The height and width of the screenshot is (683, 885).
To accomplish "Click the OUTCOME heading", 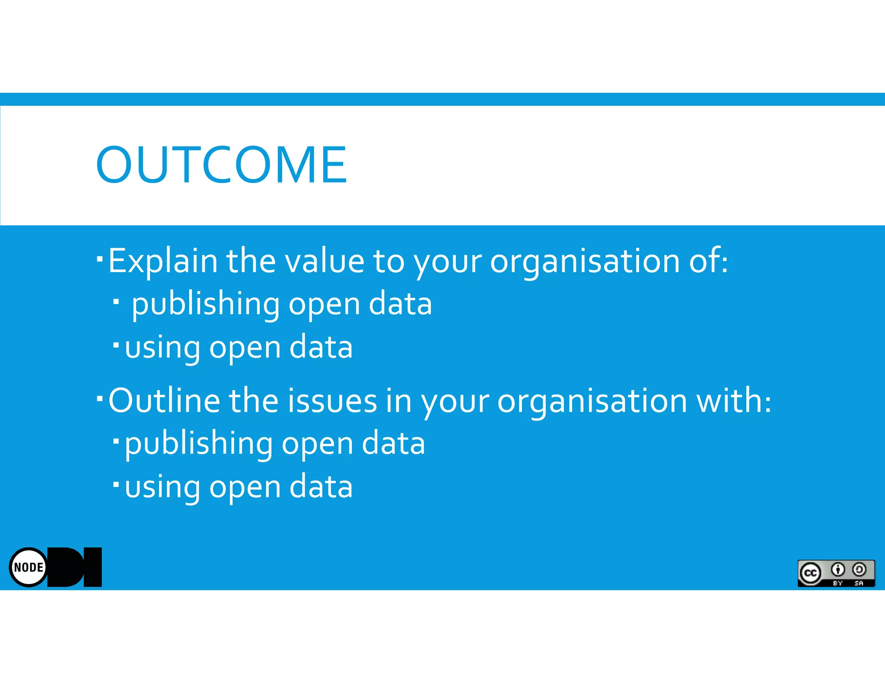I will coord(221,164).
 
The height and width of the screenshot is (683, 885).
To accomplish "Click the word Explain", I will coord(162,261).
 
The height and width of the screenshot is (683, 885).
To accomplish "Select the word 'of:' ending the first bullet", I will coord(708,261).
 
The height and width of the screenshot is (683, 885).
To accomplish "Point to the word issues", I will coord(332,401).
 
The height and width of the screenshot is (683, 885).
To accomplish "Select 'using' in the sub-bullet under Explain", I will coord(162,348).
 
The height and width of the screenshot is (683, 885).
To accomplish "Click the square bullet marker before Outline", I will coord(100,398).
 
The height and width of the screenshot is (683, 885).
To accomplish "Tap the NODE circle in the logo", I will coord(29,567).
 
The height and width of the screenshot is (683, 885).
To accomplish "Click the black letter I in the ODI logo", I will coord(92,567).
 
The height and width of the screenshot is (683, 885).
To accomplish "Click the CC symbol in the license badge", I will coord(810,573).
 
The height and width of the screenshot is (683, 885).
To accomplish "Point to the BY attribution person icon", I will coord(837,570).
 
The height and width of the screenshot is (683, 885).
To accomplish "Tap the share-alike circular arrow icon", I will coord(859,570).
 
